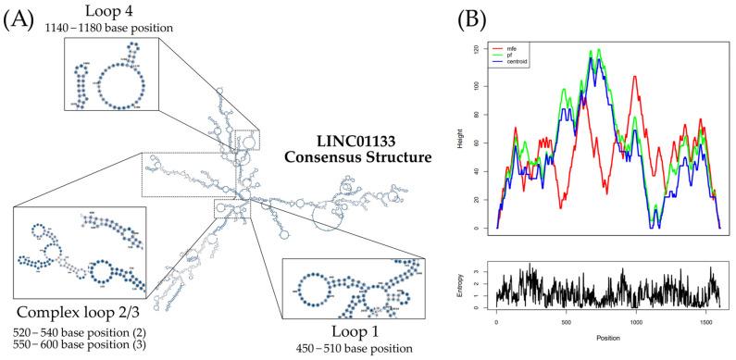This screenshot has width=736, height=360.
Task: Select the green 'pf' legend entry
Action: pos(521,53)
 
